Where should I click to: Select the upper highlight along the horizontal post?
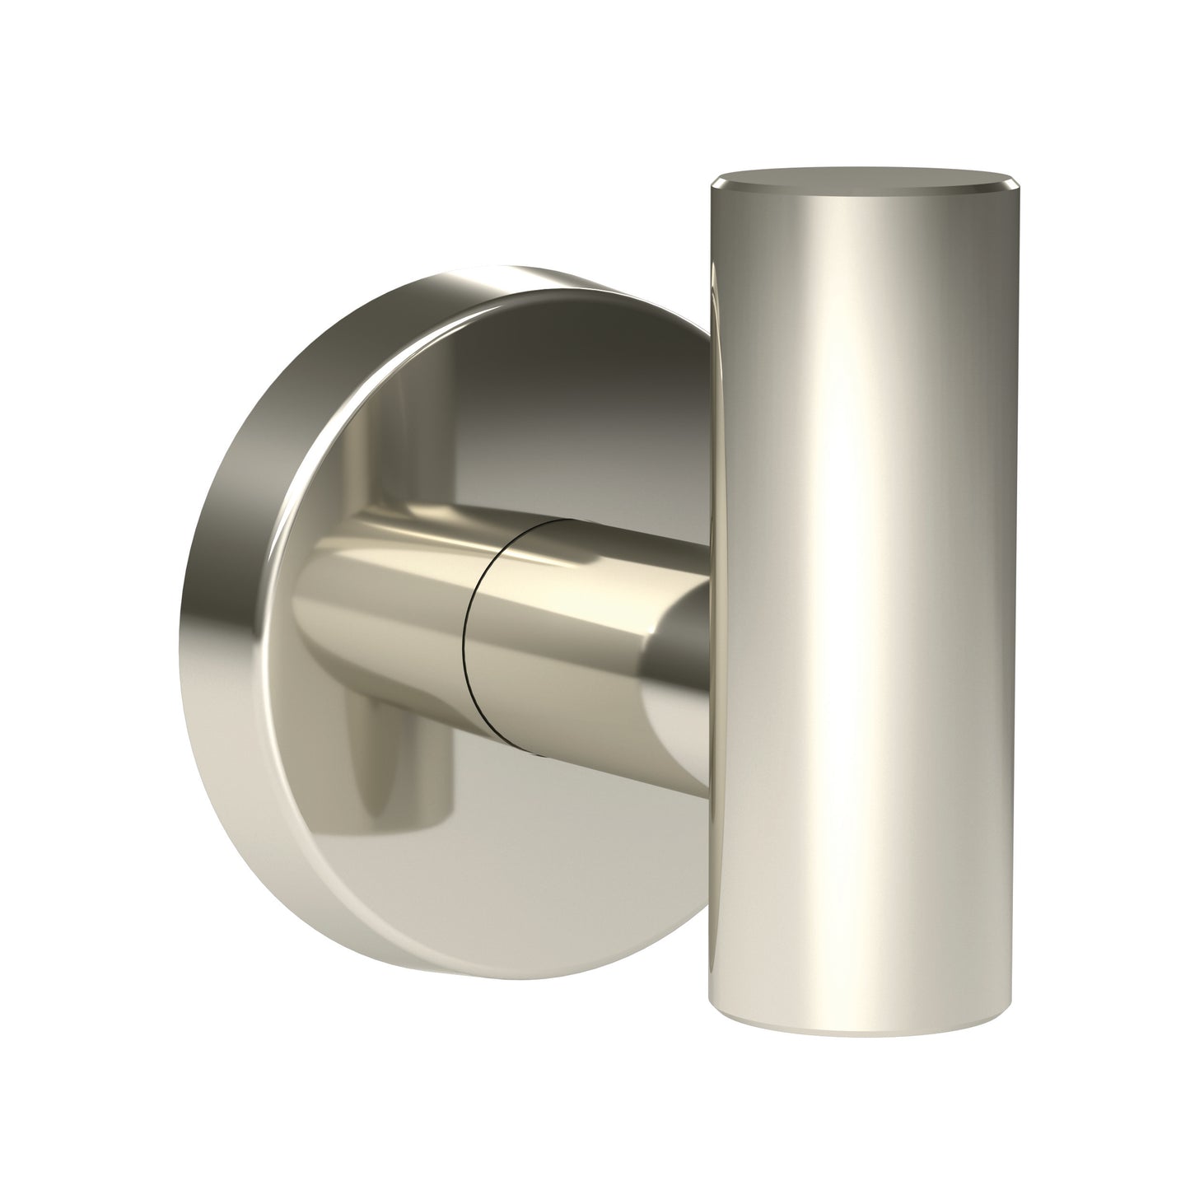pyautogui.click(x=576, y=560)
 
